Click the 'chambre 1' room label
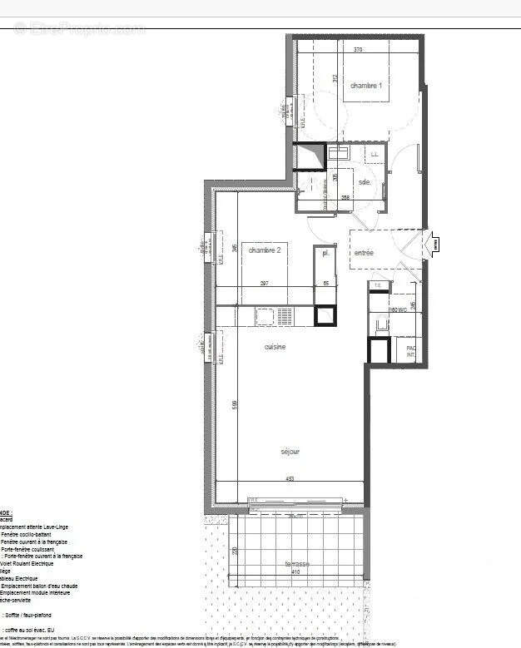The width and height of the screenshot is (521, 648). click(366, 86)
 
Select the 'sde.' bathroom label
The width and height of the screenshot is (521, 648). click(365, 181)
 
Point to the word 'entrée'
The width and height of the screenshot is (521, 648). click(365, 252)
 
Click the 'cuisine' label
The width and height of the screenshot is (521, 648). click(275, 347)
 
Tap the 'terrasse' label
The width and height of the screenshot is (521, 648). click(296, 563)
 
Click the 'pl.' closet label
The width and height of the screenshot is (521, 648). click(327, 252)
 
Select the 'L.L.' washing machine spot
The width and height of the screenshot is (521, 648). click(375, 154)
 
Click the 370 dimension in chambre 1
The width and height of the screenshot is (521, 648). click(357, 50)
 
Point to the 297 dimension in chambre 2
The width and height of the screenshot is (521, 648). click(264, 284)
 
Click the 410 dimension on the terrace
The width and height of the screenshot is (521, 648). click(296, 572)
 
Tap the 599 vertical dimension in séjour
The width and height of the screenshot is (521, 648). click(236, 404)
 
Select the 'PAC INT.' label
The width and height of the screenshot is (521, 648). click(409, 352)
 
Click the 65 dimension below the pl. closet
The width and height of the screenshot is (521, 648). click(325, 284)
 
